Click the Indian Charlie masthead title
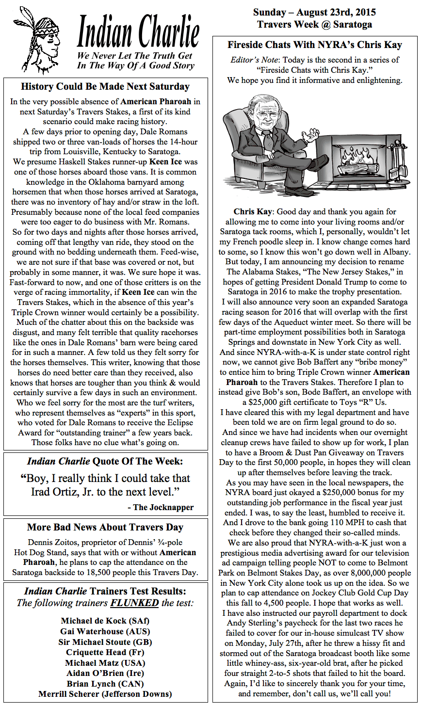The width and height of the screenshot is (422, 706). (x=138, y=32)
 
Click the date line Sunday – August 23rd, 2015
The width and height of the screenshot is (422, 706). (x=314, y=13)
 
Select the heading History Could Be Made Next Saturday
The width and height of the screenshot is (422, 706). (x=105, y=87)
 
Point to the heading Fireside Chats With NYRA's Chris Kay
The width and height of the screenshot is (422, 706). (x=315, y=45)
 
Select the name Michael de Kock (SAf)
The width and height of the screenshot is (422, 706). (x=105, y=621)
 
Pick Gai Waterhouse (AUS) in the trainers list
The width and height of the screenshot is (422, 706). (x=105, y=631)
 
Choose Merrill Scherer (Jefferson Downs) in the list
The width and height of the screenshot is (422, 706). (x=105, y=694)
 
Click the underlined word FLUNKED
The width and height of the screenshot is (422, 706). (x=134, y=603)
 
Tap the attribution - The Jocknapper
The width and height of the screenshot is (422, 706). (x=161, y=507)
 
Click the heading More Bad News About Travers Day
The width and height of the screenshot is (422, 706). (x=105, y=527)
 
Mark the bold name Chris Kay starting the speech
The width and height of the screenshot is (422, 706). (x=253, y=211)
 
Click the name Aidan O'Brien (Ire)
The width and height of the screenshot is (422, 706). (x=105, y=673)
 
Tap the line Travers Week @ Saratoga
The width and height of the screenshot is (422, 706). (x=314, y=24)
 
